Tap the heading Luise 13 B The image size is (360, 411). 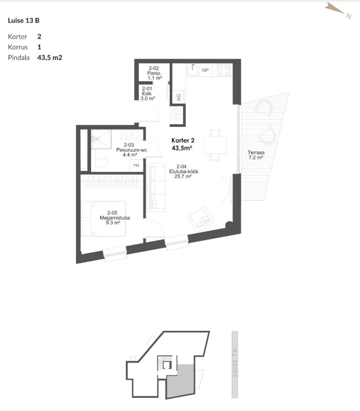tap(24, 21)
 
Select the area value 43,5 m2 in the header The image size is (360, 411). tap(50, 58)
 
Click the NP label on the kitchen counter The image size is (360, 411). tap(205, 70)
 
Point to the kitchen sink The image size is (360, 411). tap(193, 70)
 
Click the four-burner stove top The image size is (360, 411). tap(224, 70)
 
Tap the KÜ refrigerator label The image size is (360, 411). tap(178, 97)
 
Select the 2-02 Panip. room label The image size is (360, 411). tap(154, 73)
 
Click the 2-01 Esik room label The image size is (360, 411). tap(148, 94)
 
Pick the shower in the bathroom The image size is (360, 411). tap(101, 139)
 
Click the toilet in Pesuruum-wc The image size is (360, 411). tap(101, 164)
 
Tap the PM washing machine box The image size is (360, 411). tap(136, 165)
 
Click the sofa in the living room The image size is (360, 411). tap(156, 188)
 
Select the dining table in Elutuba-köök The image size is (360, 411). tap(215, 145)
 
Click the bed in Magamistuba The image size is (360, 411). tap(103, 219)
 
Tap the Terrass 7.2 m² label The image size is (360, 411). tap(256, 155)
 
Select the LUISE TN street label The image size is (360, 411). tap(235, 363)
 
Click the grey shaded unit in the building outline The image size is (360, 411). tap(181, 380)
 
